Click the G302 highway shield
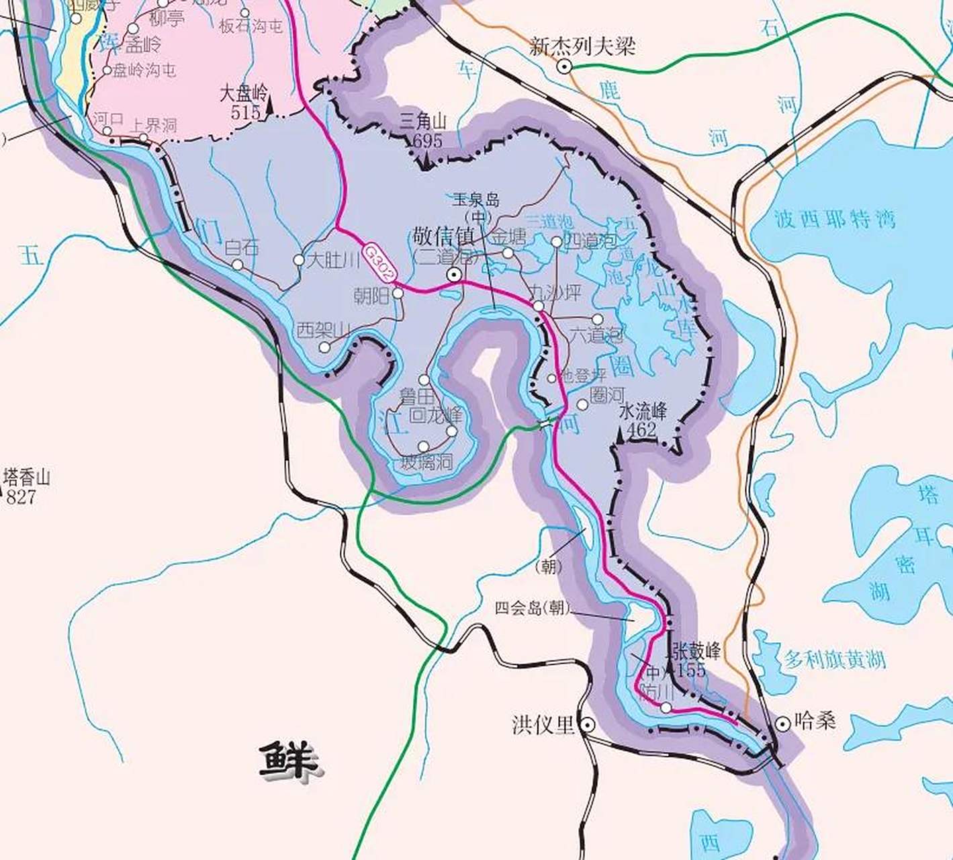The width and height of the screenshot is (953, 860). click(x=381, y=263)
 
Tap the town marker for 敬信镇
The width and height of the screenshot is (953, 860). click(x=455, y=274)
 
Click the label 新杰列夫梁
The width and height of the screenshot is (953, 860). click(x=582, y=46)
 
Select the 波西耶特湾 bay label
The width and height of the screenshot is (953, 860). click(x=835, y=219)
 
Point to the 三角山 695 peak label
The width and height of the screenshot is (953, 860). click(x=422, y=131)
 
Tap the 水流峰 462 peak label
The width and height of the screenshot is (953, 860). click(x=643, y=421)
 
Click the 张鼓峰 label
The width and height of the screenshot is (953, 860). click(x=696, y=650)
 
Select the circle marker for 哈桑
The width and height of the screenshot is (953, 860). click(x=782, y=724)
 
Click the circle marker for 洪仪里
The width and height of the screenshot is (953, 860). click(x=588, y=725)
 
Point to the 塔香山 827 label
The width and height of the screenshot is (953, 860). click(x=26, y=487)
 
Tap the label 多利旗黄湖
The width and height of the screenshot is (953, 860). click(x=835, y=659)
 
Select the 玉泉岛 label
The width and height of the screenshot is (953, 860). click(x=476, y=200)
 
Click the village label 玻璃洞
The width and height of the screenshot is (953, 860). click(x=426, y=462)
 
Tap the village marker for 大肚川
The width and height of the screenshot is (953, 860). click(x=299, y=260)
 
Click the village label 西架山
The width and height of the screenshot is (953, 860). click(x=324, y=330)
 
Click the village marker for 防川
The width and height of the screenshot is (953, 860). click(x=666, y=707)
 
